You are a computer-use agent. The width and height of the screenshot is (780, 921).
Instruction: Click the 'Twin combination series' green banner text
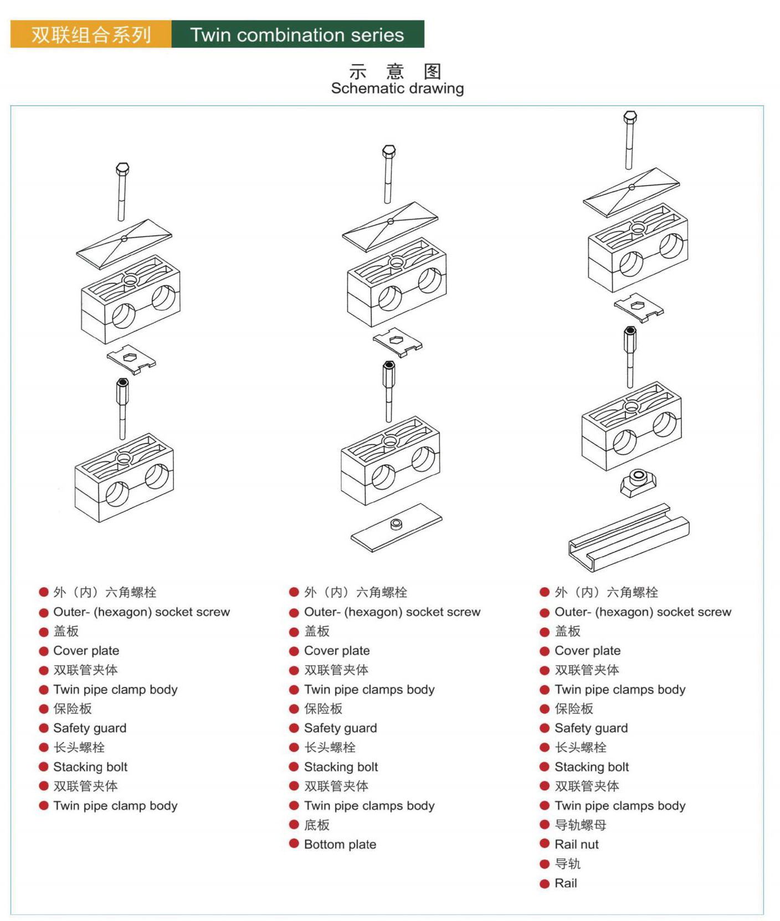coord(297,35)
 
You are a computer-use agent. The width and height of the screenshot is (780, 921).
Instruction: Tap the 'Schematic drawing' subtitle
coord(397,88)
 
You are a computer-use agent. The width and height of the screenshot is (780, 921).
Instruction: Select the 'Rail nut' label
coord(576,844)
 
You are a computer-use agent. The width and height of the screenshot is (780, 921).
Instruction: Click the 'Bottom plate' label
coord(340,844)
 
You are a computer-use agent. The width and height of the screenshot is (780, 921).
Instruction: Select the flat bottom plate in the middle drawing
coord(396,527)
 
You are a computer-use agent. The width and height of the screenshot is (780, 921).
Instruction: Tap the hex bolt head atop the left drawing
coord(122,168)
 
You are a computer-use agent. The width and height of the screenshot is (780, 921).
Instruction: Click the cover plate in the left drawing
coord(124,242)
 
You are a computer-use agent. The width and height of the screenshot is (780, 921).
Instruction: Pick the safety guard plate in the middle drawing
coord(397,341)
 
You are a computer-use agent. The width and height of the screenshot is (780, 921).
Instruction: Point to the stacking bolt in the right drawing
coord(630,354)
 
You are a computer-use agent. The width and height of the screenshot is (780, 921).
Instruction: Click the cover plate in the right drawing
coord(631,191)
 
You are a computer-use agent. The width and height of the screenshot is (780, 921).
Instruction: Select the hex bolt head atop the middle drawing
coord(389,152)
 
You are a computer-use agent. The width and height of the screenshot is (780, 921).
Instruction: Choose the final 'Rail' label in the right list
coord(565,883)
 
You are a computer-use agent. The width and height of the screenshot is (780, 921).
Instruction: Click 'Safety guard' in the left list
coord(90,728)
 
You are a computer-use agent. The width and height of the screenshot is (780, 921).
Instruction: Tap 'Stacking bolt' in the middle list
coord(341,766)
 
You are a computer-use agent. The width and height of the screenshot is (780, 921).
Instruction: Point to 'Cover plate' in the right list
coord(587,650)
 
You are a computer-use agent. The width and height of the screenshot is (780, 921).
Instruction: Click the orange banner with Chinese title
coord(91,35)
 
